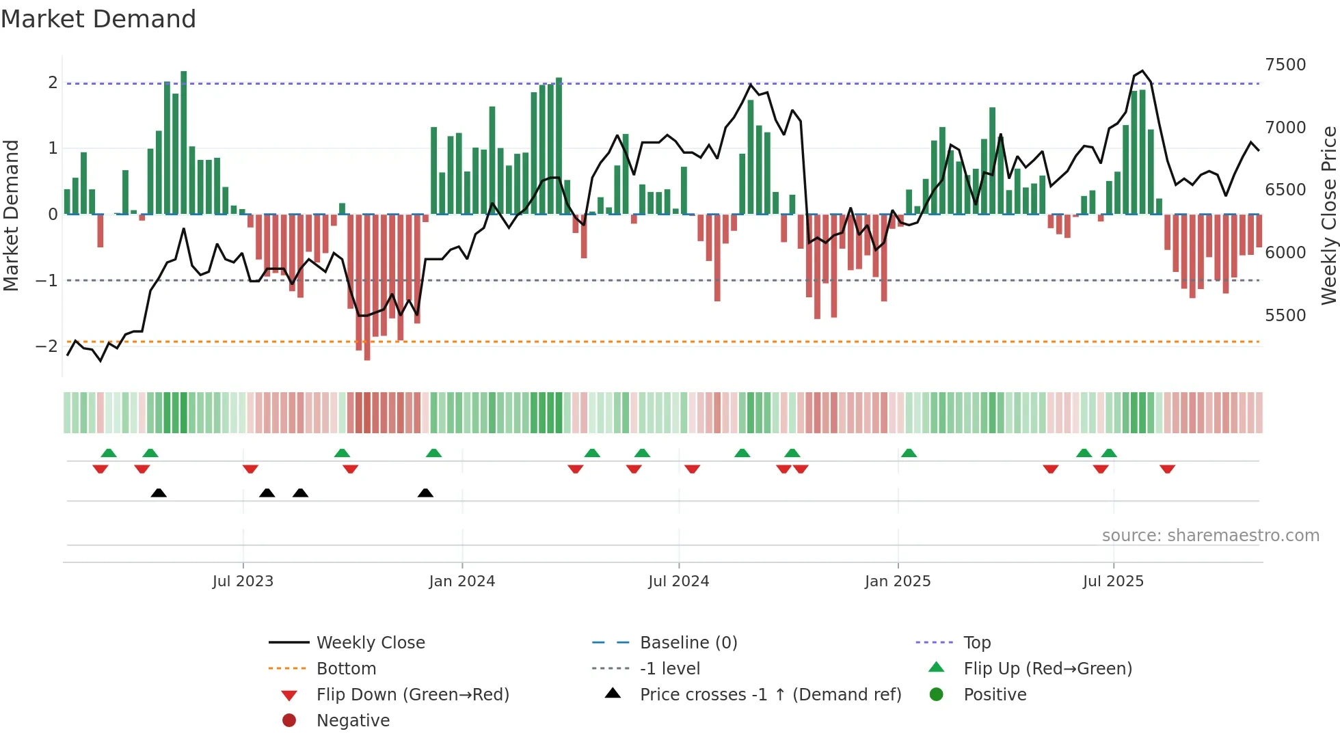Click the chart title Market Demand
[x=98, y=19]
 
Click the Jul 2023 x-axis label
[x=243, y=581]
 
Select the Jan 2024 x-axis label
[x=461, y=581]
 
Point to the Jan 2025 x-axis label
[x=897, y=581]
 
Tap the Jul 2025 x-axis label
[x=1113, y=581]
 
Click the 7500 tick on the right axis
[x=1285, y=65]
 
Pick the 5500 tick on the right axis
[x=1285, y=316]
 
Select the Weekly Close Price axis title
[x=1328, y=215]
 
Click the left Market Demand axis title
[x=11, y=215]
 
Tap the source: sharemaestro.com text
[x=1210, y=536]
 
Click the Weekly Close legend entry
[x=371, y=643]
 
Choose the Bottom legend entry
[x=346, y=669]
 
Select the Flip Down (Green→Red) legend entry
[x=412, y=695]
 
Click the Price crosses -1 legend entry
[x=770, y=695]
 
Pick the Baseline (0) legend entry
[x=688, y=643]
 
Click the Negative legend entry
[x=353, y=721]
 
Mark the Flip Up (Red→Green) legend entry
[x=1047, y=669]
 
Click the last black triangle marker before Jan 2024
[x=425, y=493]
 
